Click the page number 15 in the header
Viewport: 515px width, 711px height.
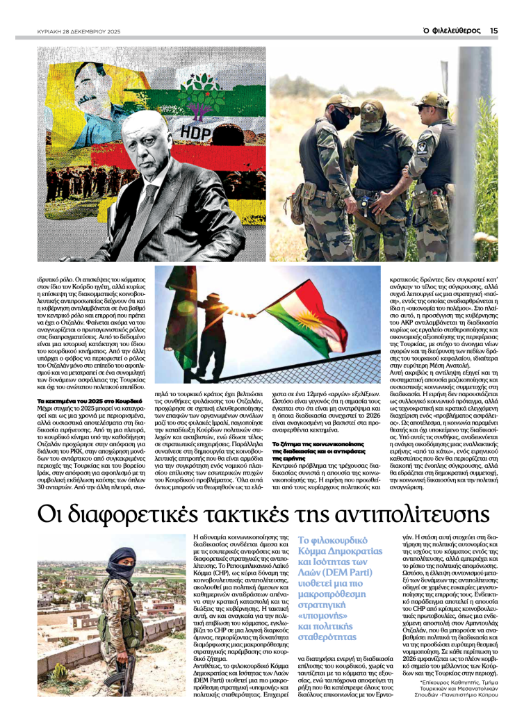coord(493,30)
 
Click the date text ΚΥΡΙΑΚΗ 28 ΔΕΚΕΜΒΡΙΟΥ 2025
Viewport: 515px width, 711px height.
coord(79,31)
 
